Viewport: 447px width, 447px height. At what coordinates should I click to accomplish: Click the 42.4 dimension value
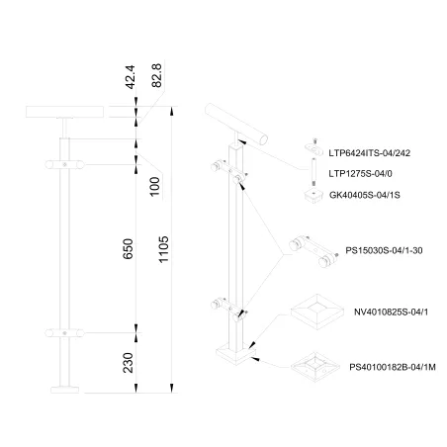click(131, 77)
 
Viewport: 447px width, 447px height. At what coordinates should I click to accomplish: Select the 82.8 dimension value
click(157, 75)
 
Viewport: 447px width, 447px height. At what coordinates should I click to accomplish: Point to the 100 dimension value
click(154, 187)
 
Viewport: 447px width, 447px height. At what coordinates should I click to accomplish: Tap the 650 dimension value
click(128, 249)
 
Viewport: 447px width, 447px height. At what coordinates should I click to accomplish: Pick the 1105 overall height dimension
click(163, 249)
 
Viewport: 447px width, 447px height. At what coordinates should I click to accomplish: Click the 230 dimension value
click(128, 363)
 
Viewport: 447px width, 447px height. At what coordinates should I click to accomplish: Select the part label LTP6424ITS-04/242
click(370, 153)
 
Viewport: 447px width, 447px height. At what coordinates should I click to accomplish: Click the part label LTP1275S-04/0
click(360, 174)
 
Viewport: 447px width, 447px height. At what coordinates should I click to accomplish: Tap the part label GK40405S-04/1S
click(365, 195)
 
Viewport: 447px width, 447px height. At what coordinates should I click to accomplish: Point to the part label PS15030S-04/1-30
click(384, 250)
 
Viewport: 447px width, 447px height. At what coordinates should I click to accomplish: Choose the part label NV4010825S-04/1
click(391, 312)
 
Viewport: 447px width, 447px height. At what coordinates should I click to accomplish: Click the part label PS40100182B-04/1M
click(393, 367)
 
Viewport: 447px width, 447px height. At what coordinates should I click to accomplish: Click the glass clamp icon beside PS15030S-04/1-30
click(313, 251)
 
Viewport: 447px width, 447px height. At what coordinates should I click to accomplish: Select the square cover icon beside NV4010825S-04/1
click(317, 313)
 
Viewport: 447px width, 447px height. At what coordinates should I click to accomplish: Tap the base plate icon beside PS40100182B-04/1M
click(315, 367)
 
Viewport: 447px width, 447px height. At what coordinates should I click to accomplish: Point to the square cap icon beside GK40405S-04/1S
click(313, 196)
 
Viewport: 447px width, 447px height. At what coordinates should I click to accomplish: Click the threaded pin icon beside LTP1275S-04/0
click(313, 172)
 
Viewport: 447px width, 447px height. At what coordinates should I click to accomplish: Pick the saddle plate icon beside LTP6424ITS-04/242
click(313, 148)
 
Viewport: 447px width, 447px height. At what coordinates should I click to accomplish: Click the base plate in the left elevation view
click(65, 390)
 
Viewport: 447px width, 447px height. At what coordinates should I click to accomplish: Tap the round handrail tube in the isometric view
click(236, 124)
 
